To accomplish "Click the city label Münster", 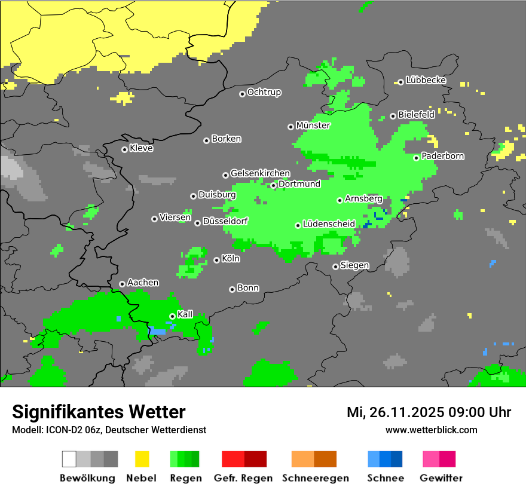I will pos(313,125).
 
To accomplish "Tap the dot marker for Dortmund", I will pos(273,185).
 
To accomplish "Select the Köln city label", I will pos(230,259).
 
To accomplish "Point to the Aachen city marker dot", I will pos(122,284).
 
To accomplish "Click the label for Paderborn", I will pos(442,157).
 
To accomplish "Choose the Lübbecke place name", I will pos(426,80).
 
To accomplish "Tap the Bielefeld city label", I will pos(416,115).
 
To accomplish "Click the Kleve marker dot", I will pos(124,149).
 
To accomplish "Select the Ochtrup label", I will pos(264,92).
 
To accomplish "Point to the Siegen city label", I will pos(354,265).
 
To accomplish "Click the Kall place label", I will pos(185,314).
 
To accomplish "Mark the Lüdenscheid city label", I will pos(329,224).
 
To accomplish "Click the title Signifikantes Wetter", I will pos(99,412).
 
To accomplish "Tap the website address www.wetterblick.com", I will pos(431,430).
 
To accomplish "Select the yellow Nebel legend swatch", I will pos(142,459).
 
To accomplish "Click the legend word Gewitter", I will pos(441,478).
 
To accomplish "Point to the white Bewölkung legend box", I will pos(69,459).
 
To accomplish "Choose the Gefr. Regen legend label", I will pos(243,478).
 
